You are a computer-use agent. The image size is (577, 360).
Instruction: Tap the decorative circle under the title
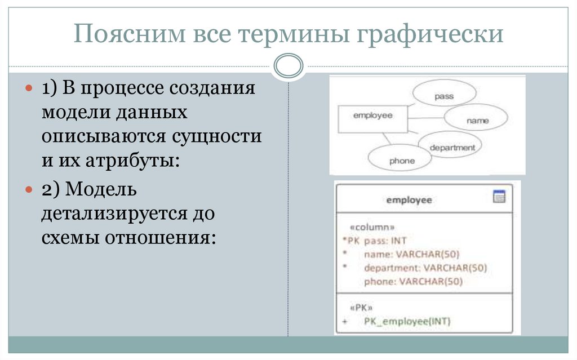288,65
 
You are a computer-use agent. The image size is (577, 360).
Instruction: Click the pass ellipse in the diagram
444,96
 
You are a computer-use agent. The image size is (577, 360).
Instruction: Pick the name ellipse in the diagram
477,120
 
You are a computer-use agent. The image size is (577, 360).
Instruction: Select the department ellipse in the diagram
452,148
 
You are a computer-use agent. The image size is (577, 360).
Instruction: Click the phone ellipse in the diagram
401,161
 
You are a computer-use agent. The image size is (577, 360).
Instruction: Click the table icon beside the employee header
499,197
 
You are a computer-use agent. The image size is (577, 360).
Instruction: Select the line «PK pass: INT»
377,241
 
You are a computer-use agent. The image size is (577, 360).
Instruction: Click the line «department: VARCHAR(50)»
425,268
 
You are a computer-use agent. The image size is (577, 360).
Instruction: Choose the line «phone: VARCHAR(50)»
412,282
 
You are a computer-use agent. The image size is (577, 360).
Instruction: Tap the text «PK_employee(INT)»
407,322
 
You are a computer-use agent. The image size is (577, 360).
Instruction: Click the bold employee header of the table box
409,200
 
